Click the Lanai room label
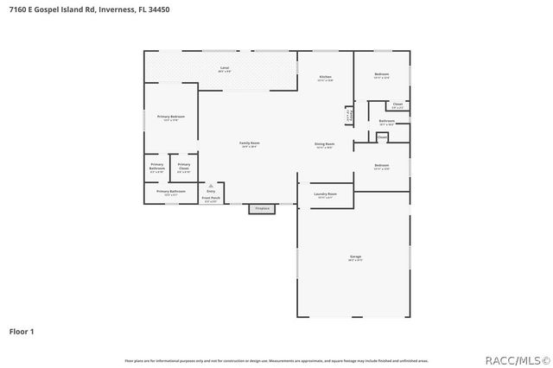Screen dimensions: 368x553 click(x=225, y=67)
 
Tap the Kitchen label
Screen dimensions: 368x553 click(x=326, y=77)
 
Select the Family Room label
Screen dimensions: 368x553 click(x=250, y=143)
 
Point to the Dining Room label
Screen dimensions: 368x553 click(x=325, y=143)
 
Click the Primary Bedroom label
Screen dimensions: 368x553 click(x=170, y=116)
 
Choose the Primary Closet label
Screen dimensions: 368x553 click(x=184, y=166)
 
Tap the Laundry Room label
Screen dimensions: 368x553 click(x=325, y=194)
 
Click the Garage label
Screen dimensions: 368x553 click(x=355, y=257)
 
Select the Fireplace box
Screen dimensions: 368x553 click(x=261, y=208)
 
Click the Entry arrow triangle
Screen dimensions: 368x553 click(x=211, y=185)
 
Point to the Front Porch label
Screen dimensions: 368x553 click(x=211, y=198)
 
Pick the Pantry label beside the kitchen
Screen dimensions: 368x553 click(x=348, y=114)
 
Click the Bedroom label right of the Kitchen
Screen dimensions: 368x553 click(x=382, y=74)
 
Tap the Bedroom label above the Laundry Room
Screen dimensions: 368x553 click(x=382, y=164)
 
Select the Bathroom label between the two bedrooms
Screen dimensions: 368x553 click(x=387, y=121)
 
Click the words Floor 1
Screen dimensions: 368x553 click(x=22, y=331)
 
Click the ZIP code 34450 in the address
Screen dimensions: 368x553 click(x=159, y=9)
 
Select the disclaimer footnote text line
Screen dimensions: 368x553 click(x=276, y=360)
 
